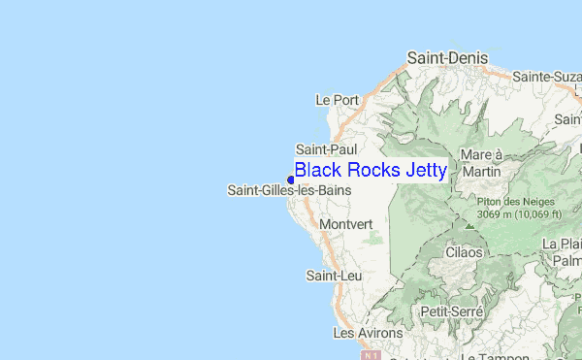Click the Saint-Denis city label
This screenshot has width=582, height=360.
[x=447, y=58]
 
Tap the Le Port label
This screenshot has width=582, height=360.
[x=338, y=99]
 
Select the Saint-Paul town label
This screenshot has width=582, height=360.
[x=327, y=149]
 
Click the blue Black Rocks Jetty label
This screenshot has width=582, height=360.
[x=371, y=171]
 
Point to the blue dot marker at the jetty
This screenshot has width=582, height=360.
[x=290, y=180]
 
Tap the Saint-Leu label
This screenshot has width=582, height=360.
[x=328, y=277]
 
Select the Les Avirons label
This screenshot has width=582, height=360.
[x=361, y=333]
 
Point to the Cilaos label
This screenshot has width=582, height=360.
[x=464, y=252]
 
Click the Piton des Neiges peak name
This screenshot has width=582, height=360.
[x=512, y=202]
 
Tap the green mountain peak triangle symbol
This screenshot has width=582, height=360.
[x=470, y=224]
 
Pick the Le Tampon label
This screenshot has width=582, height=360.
[x=489, y=356]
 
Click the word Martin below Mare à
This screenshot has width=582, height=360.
[x=482, y=171]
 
